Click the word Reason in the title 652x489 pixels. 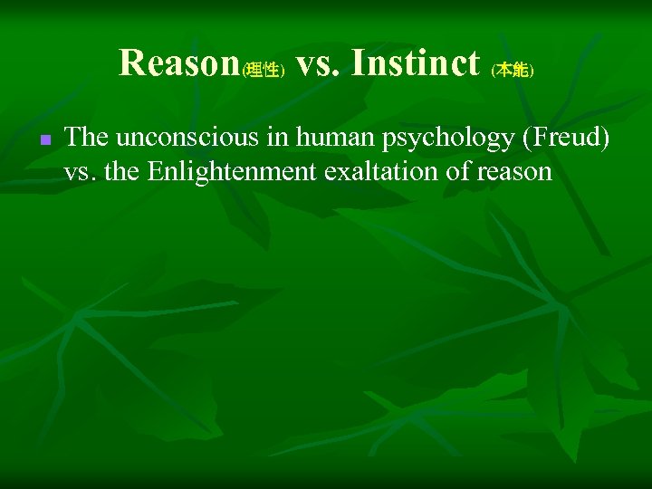pos(177,63)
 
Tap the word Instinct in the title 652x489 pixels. pos(415,63)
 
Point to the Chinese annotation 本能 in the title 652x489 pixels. pos(512,71)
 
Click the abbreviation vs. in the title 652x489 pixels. pos(315,63)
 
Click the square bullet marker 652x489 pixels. pos(44,141)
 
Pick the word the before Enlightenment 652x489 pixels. pos(122,171)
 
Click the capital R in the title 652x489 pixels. pos(130,63)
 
